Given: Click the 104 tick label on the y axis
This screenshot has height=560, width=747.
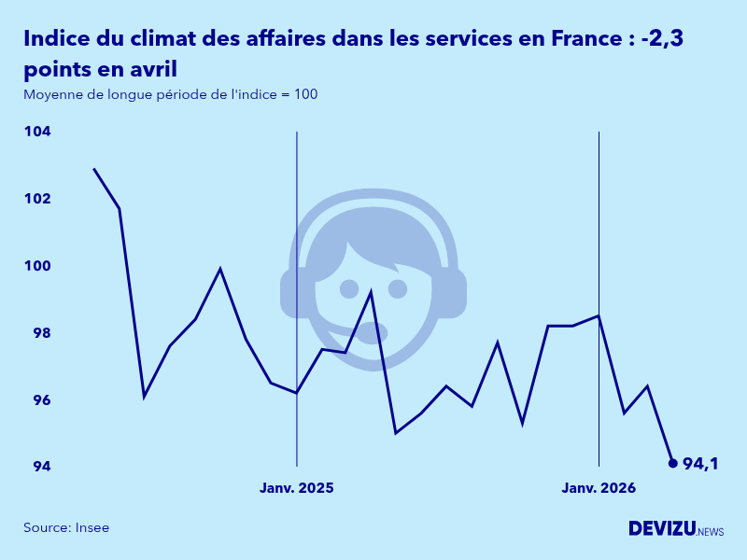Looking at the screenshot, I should click(x=37, y=132).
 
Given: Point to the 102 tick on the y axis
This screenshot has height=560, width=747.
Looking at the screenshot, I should click(x=37, y=199).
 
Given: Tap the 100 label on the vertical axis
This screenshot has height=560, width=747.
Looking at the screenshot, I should click(x=37, y=266).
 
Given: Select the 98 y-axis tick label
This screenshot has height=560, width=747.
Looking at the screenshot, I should click(x=38, y=333).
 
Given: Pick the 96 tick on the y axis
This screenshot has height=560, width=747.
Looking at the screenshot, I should click(x=38, y=400).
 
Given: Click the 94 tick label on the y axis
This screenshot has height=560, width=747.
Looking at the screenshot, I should click(x=38, y=467).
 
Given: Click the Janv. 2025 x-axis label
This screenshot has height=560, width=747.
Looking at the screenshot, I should click(x=296, y=488).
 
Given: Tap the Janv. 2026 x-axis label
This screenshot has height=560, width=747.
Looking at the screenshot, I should click(x=599, y=488).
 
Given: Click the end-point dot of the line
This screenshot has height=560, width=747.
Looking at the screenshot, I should click(x=673, y=463).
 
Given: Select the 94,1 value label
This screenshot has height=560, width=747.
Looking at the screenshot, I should click(x=700, y=464).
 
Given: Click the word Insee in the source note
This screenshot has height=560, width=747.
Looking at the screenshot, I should click(x=92, y=528).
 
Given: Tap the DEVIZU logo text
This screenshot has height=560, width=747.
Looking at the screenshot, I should click(x=662, y=528).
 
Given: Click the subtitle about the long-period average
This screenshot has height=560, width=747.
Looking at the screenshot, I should click(x=171, y=94).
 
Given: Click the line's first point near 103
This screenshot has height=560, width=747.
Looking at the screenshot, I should click(x=93, y=169).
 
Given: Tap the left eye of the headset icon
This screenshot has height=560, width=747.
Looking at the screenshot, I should click(x=349, y=288).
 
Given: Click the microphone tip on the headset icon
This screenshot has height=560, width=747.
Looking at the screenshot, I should click(x=373, y=332).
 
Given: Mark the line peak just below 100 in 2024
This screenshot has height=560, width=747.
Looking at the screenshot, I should click(x=220, y=269).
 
